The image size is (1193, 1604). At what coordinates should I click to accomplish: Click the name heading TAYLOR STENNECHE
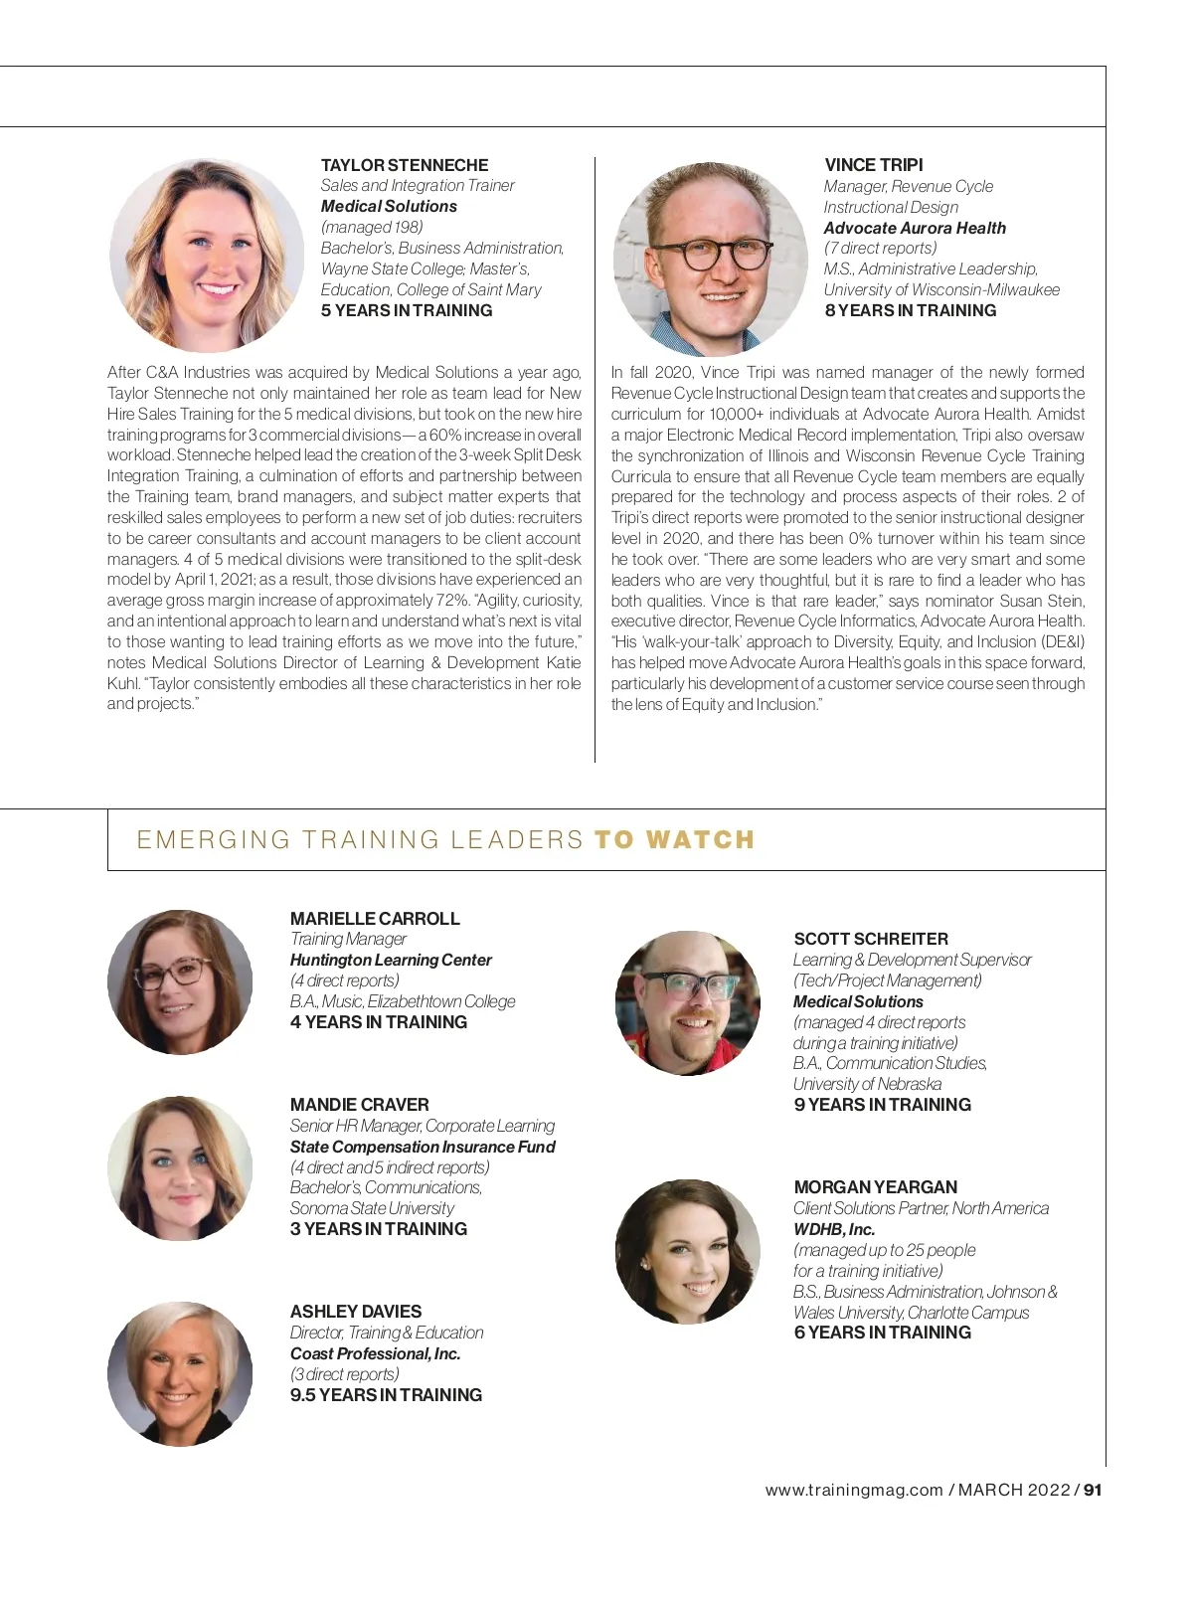(405, 165)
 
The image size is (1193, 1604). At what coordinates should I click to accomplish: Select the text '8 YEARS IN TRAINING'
(910, 310)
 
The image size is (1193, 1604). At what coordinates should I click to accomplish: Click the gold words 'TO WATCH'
(674, 840)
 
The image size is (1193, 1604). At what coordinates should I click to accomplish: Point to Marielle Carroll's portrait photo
(180, 981)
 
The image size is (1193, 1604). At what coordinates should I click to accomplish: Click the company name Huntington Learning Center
(391, 960)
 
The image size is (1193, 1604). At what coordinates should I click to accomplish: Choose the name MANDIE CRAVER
(360, 1105)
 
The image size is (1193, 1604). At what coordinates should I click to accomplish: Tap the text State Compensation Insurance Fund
(423, 1147)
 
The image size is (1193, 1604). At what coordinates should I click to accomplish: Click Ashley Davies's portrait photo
(180, 1373)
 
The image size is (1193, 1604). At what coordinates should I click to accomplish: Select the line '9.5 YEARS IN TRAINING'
(386, 1395)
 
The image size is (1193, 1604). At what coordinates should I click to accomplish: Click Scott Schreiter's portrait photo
(688, 1002)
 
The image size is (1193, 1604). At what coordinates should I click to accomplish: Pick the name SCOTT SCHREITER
(871, 939)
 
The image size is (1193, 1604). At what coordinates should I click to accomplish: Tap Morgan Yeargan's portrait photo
(688, 1251)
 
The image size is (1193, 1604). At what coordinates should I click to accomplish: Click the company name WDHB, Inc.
(834, 1229)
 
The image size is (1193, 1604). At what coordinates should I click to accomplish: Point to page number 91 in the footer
(1093, 1490)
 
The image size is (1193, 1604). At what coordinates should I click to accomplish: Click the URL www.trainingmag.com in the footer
(853, 1490)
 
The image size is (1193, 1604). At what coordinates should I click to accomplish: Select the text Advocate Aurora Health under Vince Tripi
(915, 228)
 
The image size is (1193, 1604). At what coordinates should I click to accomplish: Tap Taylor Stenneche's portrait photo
(207, 255)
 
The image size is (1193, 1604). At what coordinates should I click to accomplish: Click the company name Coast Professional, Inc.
(375, 1353)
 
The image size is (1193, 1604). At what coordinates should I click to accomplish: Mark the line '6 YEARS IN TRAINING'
(882, 1333)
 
